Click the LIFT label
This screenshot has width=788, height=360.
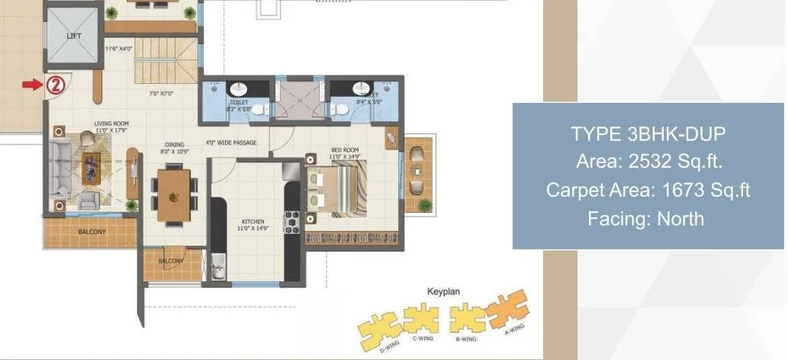click(74, 36)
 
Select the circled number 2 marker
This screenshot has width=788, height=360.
click(55, 85)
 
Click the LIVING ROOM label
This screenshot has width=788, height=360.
click(111, 122)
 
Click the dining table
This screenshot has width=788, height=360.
click(173, 194)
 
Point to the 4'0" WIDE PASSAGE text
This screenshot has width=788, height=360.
click(230, 143)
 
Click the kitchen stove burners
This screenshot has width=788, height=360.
click(291, 221)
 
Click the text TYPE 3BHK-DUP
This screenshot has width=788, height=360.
click(648, 134)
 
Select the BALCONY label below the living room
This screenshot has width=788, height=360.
click(91, 231)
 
